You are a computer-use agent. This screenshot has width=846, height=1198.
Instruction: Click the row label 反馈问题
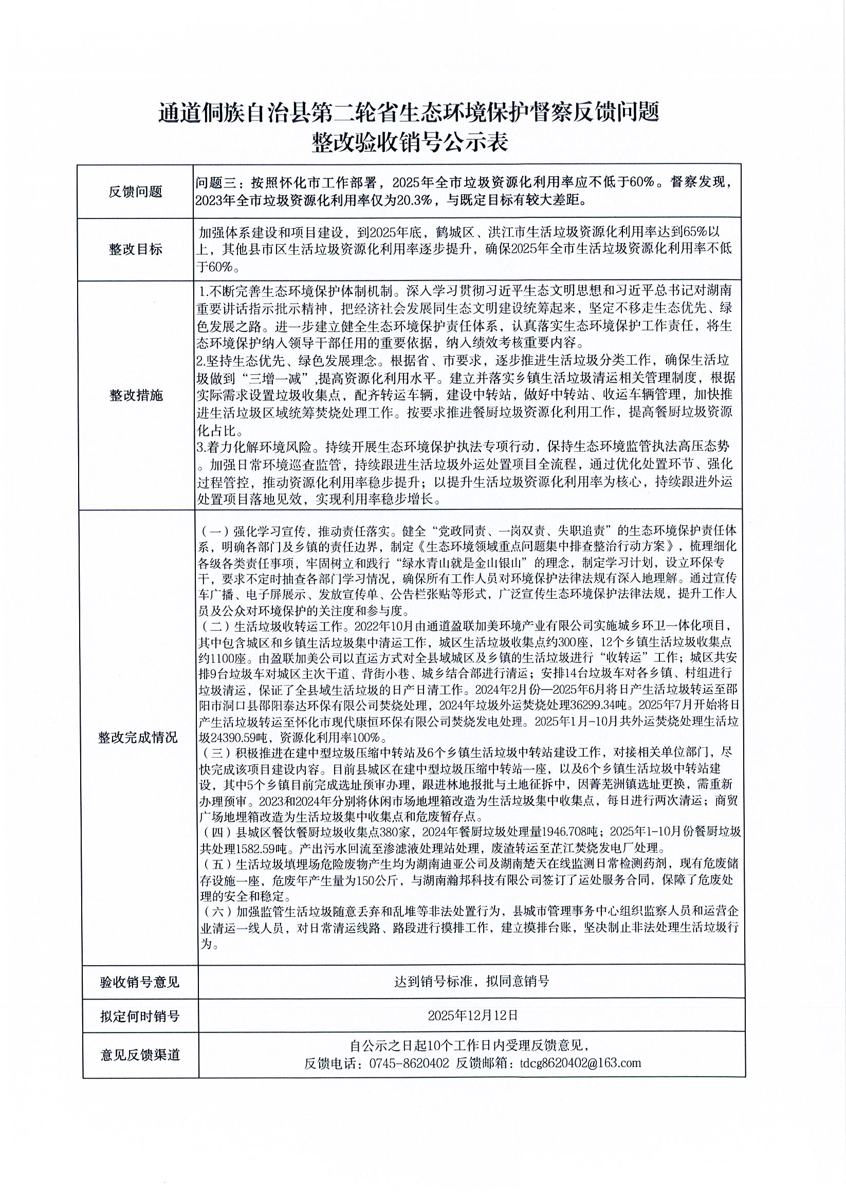135,192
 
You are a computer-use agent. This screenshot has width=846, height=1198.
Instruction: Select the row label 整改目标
135,249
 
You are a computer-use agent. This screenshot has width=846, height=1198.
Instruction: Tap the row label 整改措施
136,396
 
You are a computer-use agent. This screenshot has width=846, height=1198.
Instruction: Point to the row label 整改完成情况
138,738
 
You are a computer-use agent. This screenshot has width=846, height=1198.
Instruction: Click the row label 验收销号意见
140,983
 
